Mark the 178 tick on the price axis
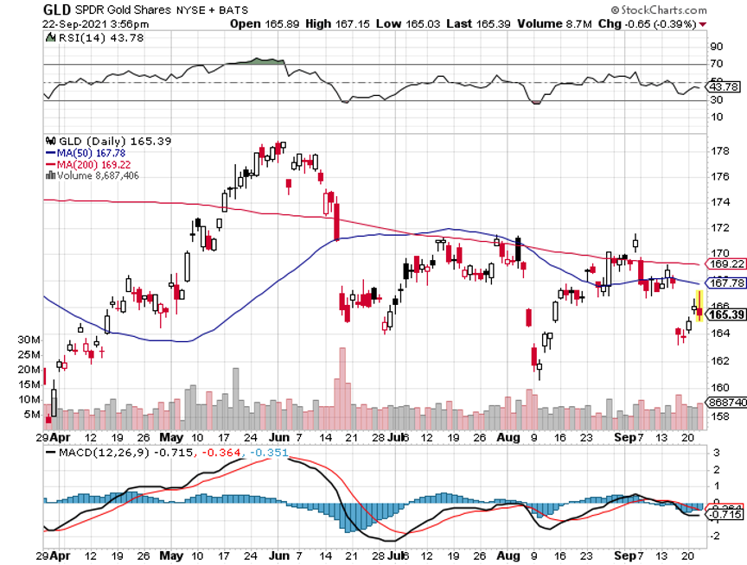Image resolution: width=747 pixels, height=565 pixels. pyautogui.click(x=717, y=151)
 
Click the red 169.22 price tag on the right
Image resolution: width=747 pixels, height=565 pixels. pyautogui.click(x=725, y=264)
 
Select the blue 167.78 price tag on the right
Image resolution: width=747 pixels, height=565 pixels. pyautogui.click(x=725, y=282)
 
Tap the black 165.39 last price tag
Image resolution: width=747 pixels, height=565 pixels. pyautogui.click(x=725, y=314)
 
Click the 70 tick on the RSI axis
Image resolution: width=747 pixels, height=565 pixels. pyautogui.click(x=716, y=64)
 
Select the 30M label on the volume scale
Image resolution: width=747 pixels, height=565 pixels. pyautogui.click(x=31, y=340)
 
